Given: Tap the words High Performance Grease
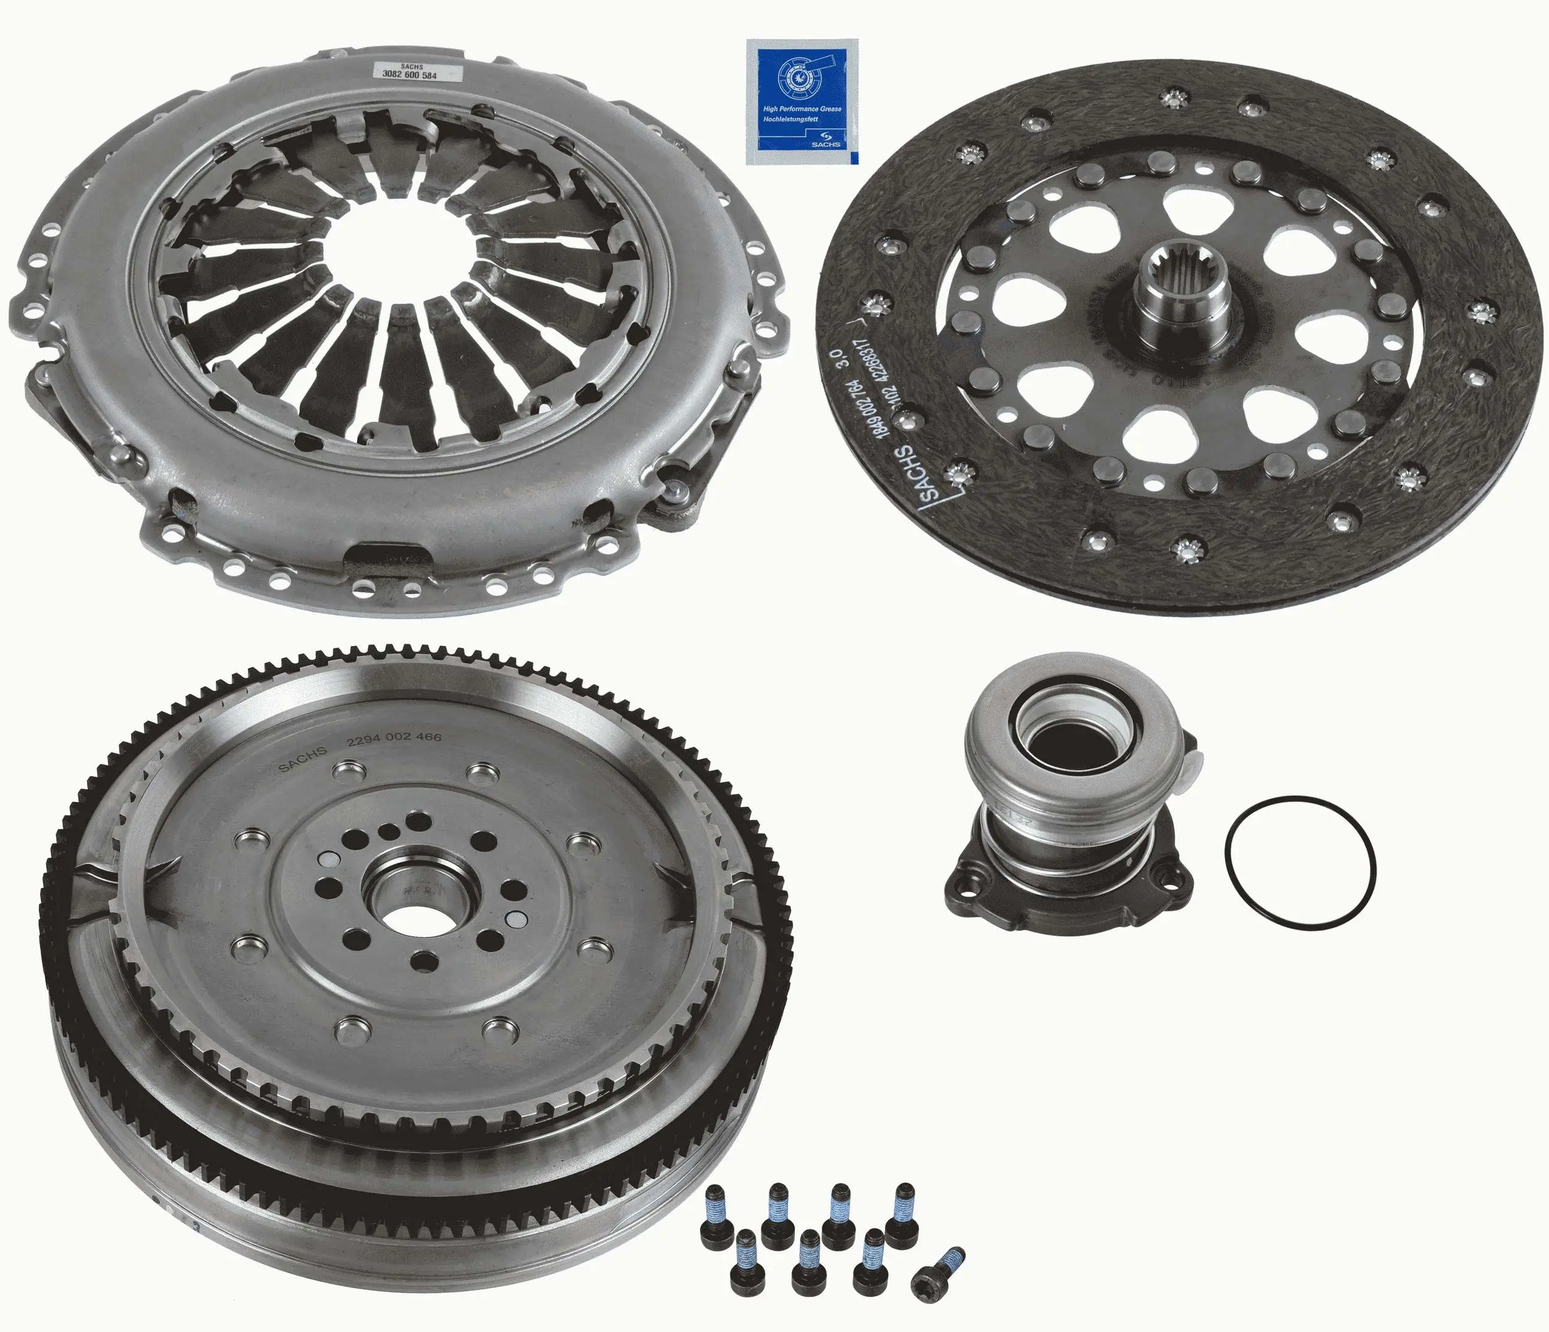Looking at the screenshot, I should [x=801, y=109].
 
